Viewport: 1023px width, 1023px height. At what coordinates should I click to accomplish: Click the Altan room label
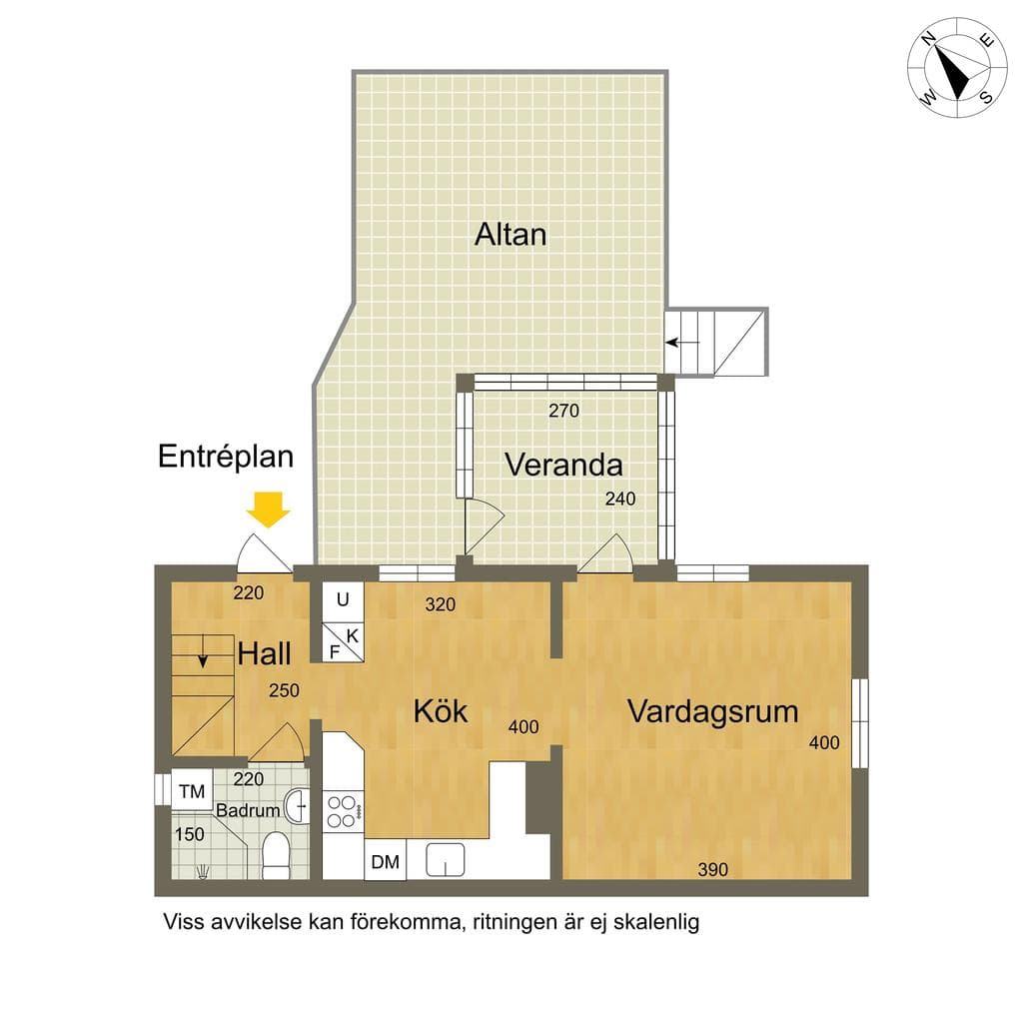point(511,234)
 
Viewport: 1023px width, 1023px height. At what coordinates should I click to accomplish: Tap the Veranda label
point(563,465)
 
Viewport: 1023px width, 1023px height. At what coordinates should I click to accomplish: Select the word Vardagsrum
point(713,711)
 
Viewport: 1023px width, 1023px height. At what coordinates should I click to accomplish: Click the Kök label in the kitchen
point(441,710)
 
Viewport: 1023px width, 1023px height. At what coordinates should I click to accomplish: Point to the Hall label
point(264,653)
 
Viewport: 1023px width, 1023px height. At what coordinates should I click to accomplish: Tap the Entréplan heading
point(226,456)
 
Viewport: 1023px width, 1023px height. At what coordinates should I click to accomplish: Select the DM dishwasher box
point(385,861)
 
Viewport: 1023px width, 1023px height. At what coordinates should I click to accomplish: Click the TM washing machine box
point(192,791)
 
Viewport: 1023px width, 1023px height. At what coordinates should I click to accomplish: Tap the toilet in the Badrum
point(276,855)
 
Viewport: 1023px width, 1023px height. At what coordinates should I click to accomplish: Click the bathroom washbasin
point(297,806)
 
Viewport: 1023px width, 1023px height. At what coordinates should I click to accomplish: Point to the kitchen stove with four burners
point(344,810)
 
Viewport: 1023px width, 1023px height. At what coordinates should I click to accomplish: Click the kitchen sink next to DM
point(445,859)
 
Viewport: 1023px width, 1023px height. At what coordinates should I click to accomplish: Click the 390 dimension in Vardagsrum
point(712,869)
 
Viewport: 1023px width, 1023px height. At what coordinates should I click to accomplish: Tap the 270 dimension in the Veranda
point(563,411)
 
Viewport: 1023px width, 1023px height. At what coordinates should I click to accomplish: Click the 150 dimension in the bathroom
point(189,834)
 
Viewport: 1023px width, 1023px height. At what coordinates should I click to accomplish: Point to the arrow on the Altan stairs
point(682,342)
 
